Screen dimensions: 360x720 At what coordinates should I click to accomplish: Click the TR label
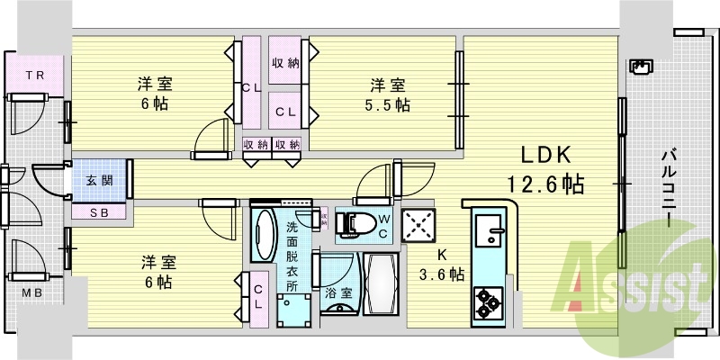click(x=34, y=74)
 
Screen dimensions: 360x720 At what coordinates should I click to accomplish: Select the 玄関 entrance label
click(x=99, y=180)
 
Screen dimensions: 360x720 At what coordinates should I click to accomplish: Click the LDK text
click(x=544, y=153)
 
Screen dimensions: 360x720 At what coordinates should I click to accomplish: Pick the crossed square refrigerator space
click(x=419, y=226)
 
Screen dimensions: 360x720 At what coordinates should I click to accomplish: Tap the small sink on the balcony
click(x=641, y=67)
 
